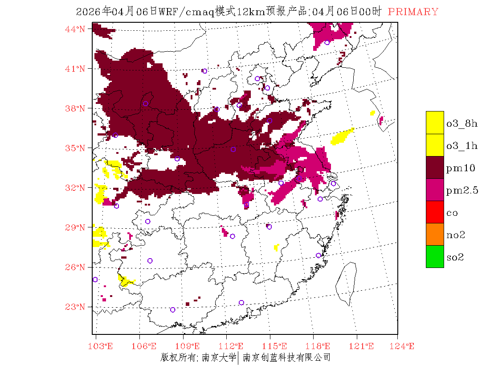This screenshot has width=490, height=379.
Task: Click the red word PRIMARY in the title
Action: [413, 12]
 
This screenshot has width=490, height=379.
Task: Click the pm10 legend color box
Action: [435, 167]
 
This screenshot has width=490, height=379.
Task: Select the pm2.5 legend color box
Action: [435, 189]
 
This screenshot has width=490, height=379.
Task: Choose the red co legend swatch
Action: [435, 212]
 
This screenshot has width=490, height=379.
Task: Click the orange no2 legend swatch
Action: [435, 234]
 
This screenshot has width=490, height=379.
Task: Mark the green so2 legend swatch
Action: [435, 256]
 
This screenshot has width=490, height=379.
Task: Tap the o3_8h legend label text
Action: [461, 124]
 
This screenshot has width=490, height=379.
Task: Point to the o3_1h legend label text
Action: [461, 146]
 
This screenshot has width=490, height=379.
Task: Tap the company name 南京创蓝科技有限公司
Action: [286, 357]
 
